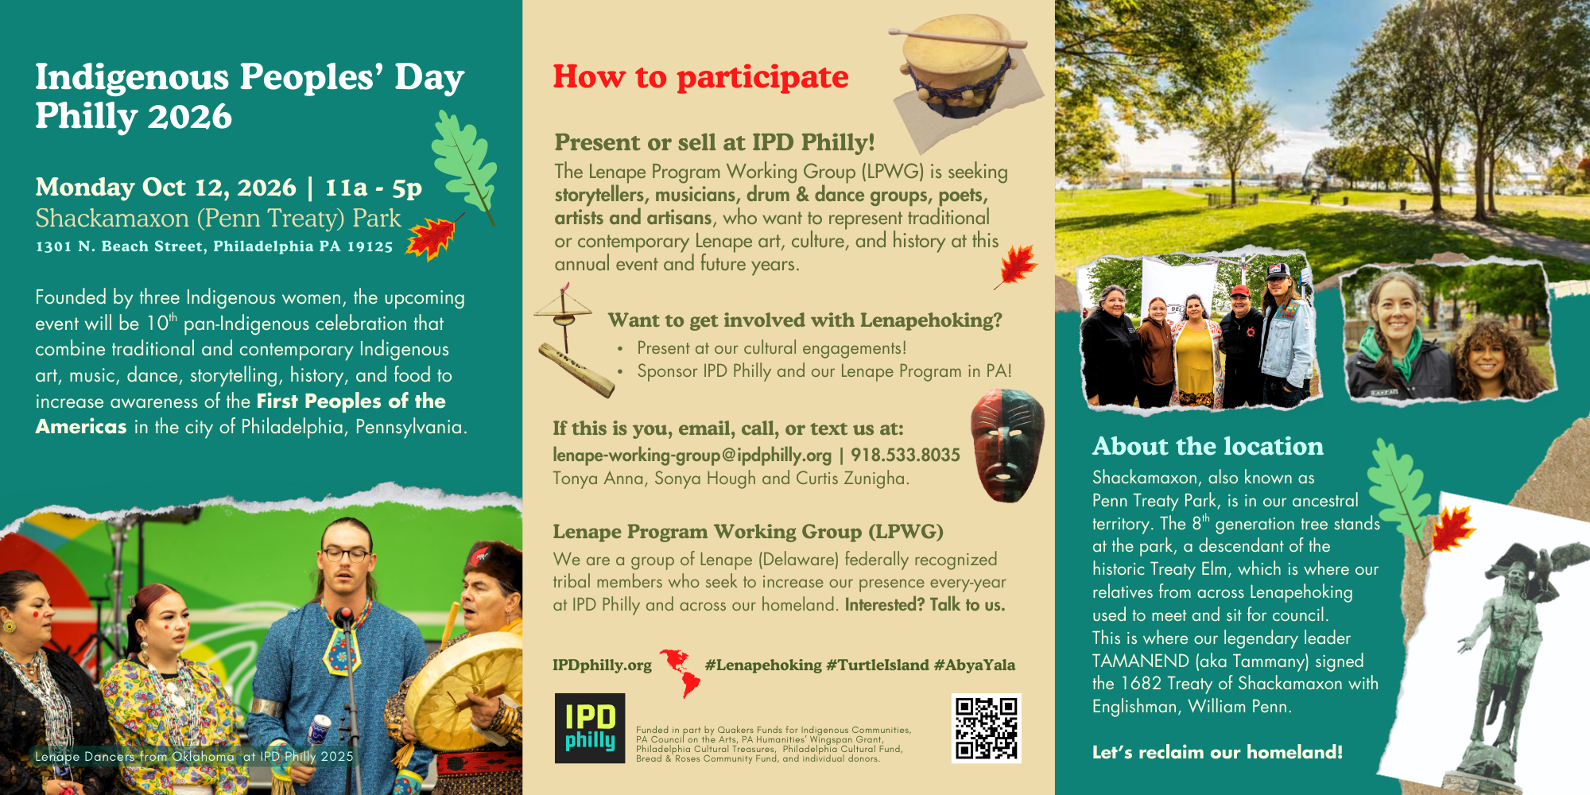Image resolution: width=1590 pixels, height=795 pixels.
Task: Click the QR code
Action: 986,728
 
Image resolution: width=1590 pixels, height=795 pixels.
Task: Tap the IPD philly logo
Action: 590,728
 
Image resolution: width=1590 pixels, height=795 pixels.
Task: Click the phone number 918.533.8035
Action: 906,455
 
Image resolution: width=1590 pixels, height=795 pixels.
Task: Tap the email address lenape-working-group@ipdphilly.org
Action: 692,455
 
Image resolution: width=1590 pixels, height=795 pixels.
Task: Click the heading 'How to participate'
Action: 700,77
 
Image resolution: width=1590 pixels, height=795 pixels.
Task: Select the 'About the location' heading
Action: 1208,446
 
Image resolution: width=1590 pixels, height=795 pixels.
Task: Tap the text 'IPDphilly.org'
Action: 602,665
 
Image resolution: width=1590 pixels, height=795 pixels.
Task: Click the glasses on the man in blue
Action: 347,554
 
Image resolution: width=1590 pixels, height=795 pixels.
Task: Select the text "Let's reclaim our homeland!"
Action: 1217,752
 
